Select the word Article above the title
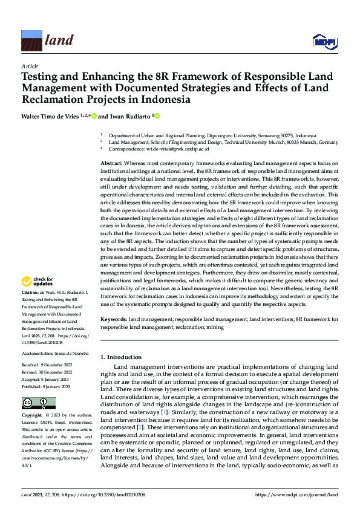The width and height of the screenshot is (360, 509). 30,66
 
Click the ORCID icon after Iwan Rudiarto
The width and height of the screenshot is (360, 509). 157,115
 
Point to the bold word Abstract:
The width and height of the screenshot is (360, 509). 112,164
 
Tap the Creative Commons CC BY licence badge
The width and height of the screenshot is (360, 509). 39,403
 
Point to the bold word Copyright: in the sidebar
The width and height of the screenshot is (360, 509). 33,416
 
